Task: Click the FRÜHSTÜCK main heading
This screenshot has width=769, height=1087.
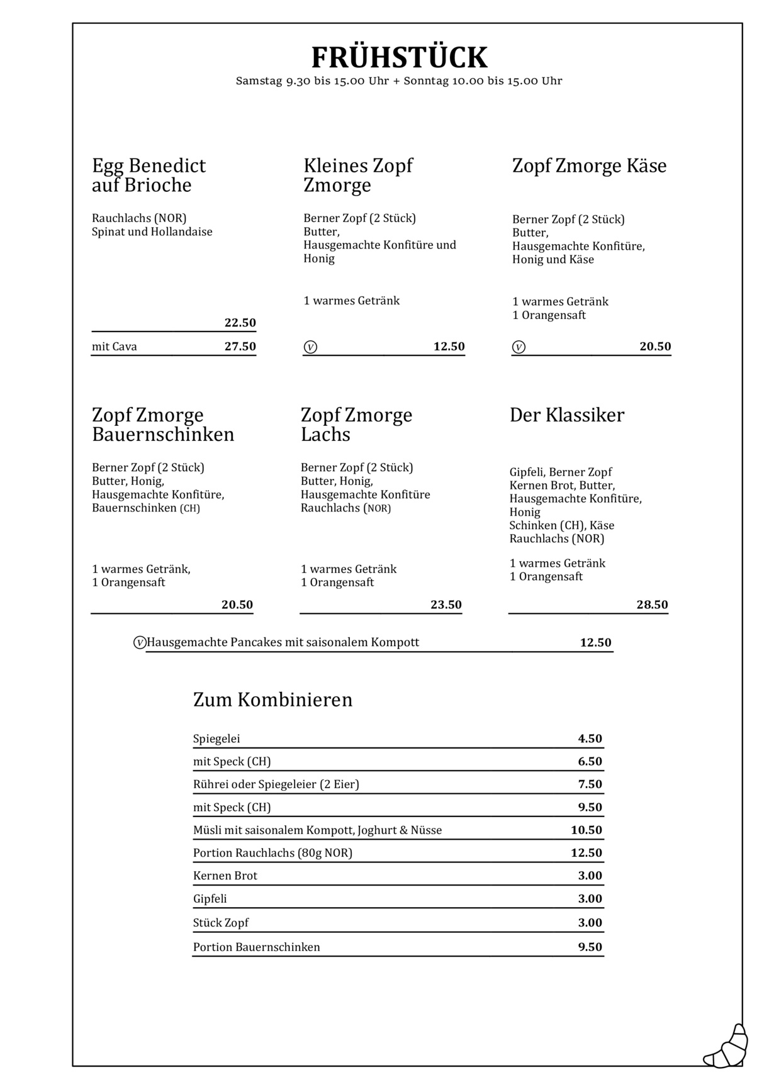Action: (399, 58)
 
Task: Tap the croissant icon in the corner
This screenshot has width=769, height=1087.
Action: (726, 1047)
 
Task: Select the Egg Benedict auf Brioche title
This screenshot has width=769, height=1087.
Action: (149, 175)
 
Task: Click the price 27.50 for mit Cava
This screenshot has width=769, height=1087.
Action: (240, 347)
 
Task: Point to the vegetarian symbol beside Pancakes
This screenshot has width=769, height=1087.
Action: (140, 643)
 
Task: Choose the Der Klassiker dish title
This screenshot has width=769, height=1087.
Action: (566, 415)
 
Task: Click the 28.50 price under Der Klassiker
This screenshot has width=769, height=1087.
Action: (651, 605)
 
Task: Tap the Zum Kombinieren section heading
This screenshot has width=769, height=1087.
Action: (272, 700)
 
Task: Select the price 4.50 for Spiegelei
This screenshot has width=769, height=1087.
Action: (590, 739)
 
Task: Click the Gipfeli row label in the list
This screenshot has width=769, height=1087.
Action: (210, 899)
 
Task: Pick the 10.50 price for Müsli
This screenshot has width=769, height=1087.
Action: (586, 830)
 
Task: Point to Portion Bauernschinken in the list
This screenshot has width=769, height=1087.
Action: (256, 947)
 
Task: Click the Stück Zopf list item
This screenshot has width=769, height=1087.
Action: (221, 923)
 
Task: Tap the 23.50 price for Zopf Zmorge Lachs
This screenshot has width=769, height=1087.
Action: (446, 605)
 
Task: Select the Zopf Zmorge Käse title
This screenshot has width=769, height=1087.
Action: (589, 166)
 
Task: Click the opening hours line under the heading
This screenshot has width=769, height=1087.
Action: (399, 81)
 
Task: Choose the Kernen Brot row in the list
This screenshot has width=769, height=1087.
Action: (225, 876)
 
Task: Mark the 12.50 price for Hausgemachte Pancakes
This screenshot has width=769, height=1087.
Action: (595, 642)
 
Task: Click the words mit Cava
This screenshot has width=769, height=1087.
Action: (115, 347)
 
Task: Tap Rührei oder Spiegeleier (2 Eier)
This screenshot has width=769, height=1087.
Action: (276, 784)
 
